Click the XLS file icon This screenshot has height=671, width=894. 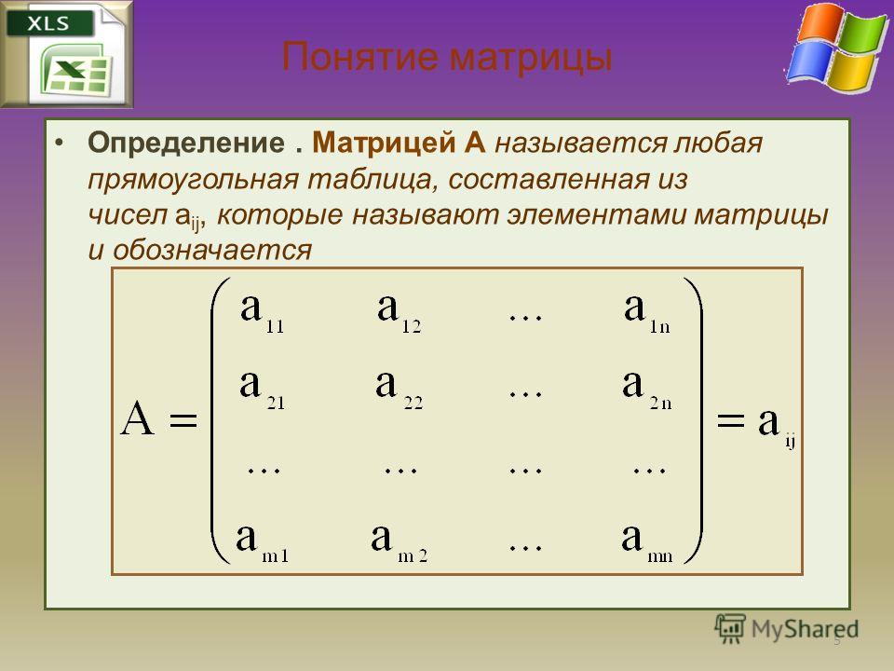[67, 54]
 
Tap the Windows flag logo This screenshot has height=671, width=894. [837, 48]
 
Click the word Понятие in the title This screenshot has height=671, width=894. [360, 57]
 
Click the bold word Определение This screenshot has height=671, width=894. [186, 142]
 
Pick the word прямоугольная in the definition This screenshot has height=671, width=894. [194, 180]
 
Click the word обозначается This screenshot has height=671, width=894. [212, 250]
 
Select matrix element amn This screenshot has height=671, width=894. [647, 543]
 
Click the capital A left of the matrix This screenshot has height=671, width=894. [138, 418]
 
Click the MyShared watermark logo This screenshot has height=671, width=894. [786, 629]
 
